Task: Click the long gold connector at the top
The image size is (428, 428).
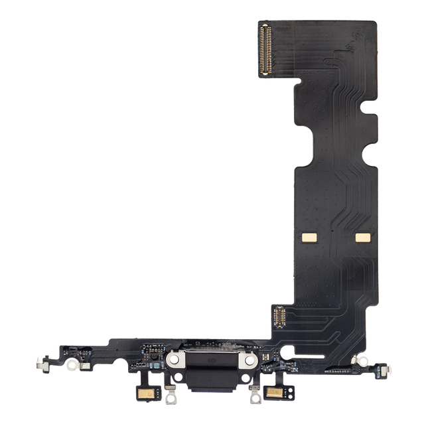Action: (267, 50)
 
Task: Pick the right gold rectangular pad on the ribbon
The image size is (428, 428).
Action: (363, 236)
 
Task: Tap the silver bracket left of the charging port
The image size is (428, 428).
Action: (173, 359)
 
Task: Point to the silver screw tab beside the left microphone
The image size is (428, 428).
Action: (170, 397)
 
